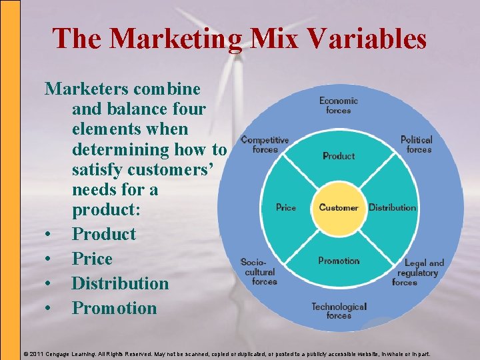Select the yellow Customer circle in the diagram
[339, 207]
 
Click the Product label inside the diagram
[339, 156]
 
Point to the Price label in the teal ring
[286, 207]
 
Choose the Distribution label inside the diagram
[392, 207]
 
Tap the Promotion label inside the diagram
[339, 261]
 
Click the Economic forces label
[339, 105]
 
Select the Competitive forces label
[265, 145]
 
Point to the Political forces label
[417, 145]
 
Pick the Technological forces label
[339, 311]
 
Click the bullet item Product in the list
[103, 234]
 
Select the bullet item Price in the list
[92, 259]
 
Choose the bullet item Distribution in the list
[120, 283]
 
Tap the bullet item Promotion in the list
[114, 308]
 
